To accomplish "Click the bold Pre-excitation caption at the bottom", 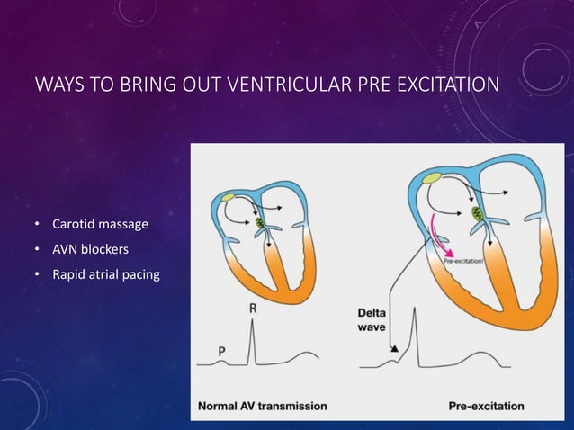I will click(x=486, y=406).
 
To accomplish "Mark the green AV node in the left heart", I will click(x=262, y=220).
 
